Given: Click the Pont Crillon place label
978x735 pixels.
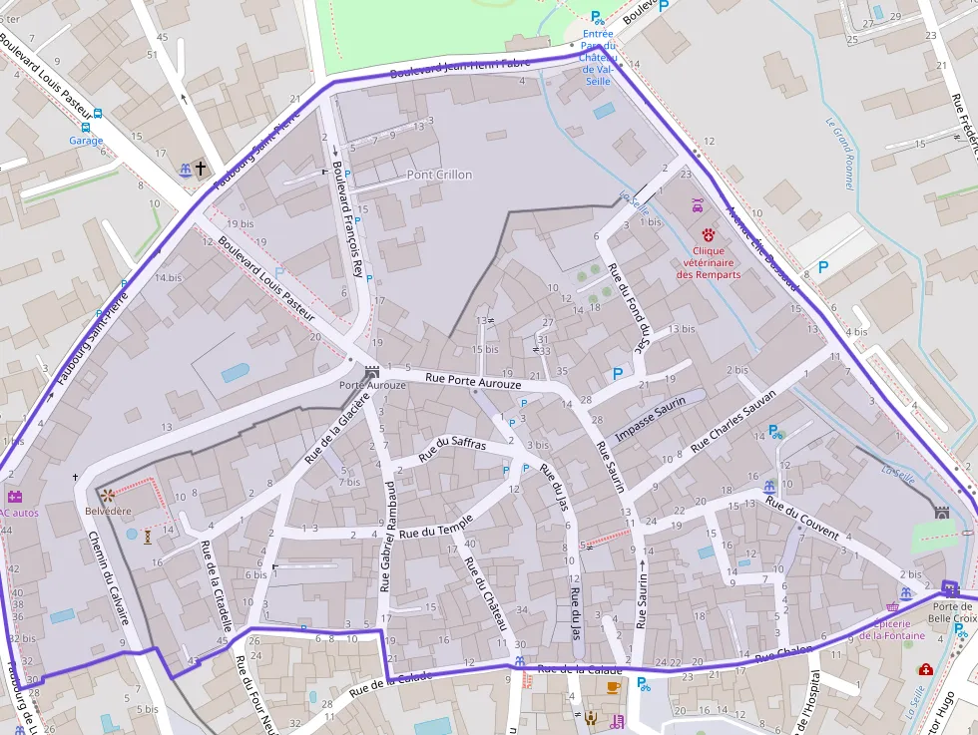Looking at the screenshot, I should pyautogui.click(x=439, y=175).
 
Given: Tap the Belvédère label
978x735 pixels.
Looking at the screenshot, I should pyautogui.click(x=108, y=511).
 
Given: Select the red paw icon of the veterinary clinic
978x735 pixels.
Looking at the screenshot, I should pyautogui.click(x=709, y=234).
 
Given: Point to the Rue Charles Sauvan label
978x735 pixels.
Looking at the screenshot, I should pyautogui.click(x=733, y=418).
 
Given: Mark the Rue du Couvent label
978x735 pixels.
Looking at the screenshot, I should pyautogui.click(x=801, y=519).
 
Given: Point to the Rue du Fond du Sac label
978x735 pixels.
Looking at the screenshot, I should pyautogui.click(x=635, y=309).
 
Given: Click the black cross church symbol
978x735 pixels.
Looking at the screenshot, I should pyautogui.click(x=200, y=169).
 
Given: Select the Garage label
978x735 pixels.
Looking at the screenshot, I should pyautogui.click(x=86, y=141).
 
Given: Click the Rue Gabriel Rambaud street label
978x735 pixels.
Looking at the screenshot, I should pyautogui.click(x=387, y=535).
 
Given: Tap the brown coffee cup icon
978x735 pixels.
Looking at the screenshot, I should pyautogui.click(x=613, y=686).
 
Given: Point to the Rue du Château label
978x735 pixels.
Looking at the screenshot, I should pyautogui.click(x=486, y=591).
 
